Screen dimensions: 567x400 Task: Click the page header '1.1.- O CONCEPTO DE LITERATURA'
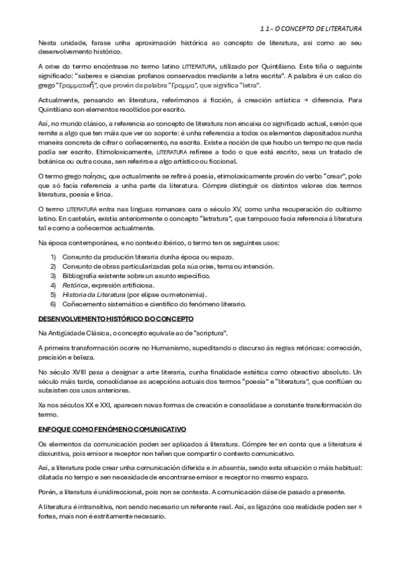tap(310, 29)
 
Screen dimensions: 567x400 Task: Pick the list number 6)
tap(54, 304)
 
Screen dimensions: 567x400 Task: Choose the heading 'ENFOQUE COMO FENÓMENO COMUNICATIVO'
tap(112, 427)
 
